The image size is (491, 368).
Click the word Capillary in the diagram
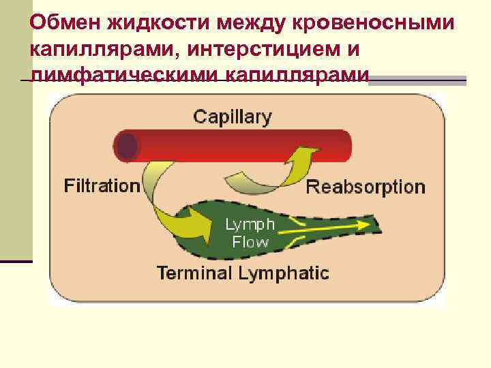[232, 117]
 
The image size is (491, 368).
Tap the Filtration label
[102, 185]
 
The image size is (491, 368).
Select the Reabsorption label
[366, 187]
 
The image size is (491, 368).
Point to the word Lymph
[250, 224]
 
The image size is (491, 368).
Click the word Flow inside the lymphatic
[250, 241]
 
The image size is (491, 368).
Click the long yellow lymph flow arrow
[327, 226]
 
